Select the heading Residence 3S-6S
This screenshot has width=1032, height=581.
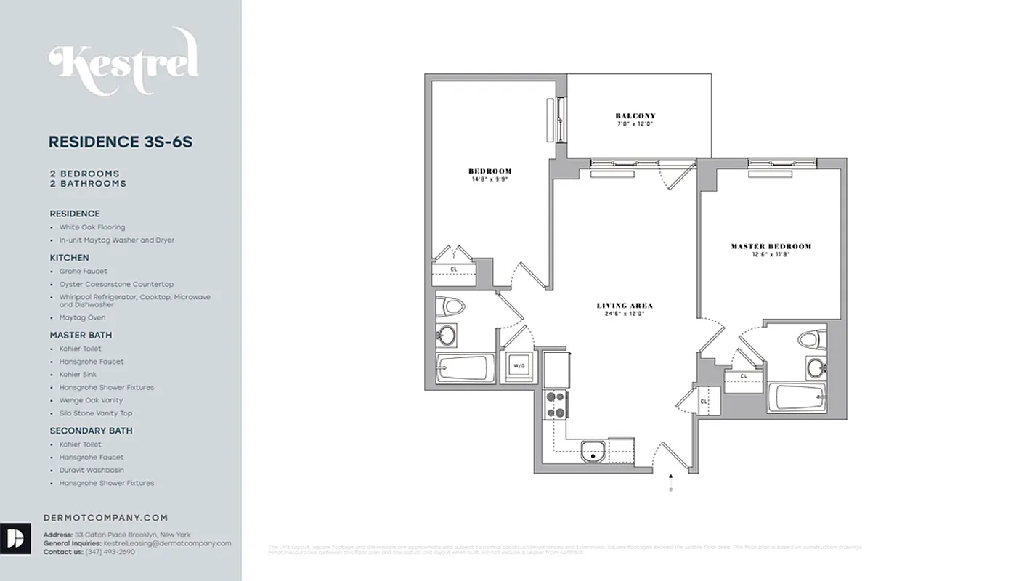[121, 142]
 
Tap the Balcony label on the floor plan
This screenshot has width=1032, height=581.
[635, 116]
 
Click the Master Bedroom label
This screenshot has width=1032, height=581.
[771, 247]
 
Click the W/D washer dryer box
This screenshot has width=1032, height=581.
[519, 366]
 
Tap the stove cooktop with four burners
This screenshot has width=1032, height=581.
[556, 405]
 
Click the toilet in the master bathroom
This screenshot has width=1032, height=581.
[811, 339]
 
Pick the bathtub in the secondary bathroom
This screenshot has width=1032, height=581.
[464, 367]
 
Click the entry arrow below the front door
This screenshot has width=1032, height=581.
[670, 476]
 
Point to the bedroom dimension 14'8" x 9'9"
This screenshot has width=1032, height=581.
[489, 179]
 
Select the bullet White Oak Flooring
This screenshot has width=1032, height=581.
[92, 227]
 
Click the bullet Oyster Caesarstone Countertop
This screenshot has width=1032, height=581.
[116, 284]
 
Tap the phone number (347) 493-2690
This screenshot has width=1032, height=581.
[110, 552]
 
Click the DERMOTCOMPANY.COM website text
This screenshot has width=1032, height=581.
[105, 518]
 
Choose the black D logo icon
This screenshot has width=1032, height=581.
[15, 538]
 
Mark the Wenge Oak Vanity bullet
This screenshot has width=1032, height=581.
[91, 400]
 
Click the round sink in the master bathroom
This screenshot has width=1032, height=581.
[816, 367]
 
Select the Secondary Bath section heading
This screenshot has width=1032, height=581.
[91, 431]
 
